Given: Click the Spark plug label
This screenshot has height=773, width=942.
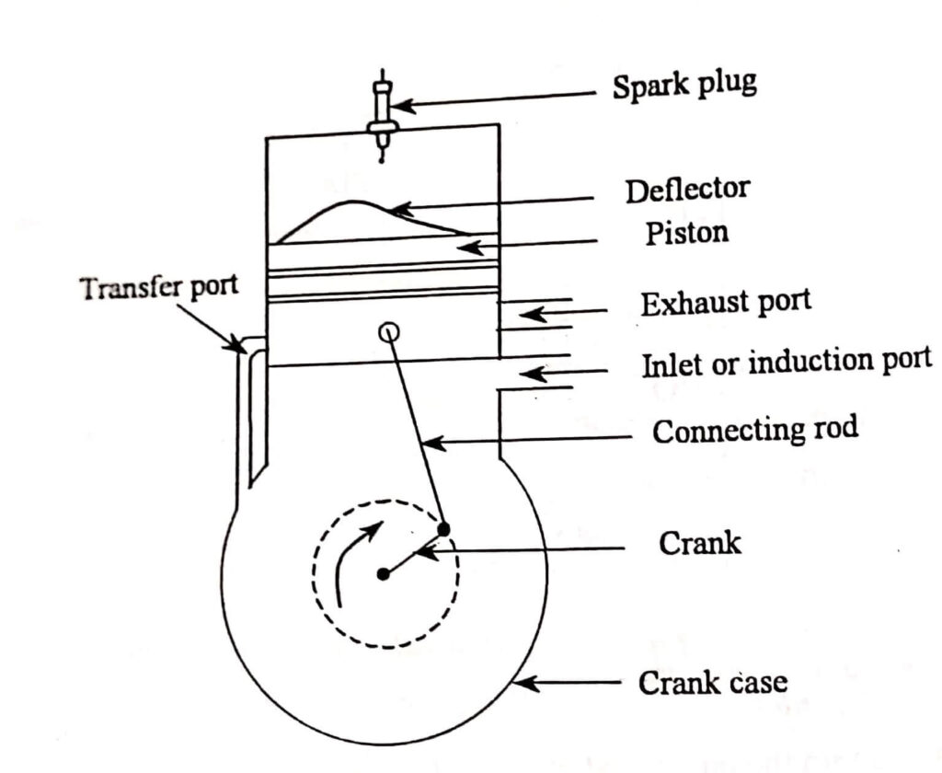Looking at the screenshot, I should point(685,86).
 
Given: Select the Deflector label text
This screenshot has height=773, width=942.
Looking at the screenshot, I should point(687,190).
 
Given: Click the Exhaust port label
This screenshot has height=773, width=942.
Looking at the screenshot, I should point(727,304).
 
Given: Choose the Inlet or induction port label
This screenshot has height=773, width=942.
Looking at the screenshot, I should point(787,363).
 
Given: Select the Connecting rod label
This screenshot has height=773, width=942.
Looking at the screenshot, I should point(754,430).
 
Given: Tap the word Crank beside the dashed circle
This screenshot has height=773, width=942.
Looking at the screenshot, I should point(700,543).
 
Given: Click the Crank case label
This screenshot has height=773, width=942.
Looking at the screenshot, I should point(713,684).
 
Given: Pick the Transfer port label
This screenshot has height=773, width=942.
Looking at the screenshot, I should point(158,288).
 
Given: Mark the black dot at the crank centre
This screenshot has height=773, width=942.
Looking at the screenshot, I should point(383,574).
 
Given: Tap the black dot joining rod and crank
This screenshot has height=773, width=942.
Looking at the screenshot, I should point(443,529).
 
